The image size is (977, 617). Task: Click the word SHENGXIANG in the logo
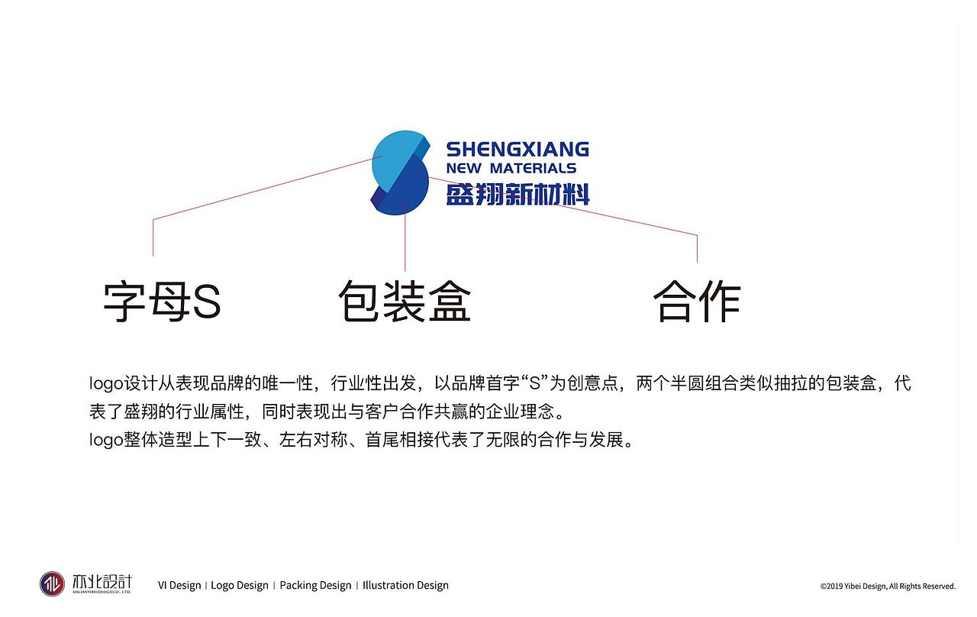pos(518,149)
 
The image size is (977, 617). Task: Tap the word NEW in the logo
pos(464,168)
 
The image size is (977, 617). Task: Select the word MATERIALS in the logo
pos(533,168)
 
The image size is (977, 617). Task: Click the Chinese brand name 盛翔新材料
pos(518,194)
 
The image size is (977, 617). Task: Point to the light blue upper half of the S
pos(394,160)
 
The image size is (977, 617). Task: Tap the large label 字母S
pos(162,302)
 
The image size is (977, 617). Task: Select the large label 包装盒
pos(405,301)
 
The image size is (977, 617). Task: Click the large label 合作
pos(697,301)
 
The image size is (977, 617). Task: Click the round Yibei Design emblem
pos(52,584)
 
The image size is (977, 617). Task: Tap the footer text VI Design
pos(179,585)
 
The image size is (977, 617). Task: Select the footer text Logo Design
pos(240,586)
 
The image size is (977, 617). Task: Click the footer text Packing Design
pos(315,586)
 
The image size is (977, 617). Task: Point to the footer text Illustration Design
pos(405,586)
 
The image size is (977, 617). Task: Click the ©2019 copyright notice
pos(888,586)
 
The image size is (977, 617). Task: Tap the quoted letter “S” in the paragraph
pos(535,383)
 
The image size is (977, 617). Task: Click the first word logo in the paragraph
pos(106,383)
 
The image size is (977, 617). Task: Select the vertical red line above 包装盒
pos(405,237)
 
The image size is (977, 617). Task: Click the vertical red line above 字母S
pos(153,237)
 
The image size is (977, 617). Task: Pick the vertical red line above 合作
pos(697,249)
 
